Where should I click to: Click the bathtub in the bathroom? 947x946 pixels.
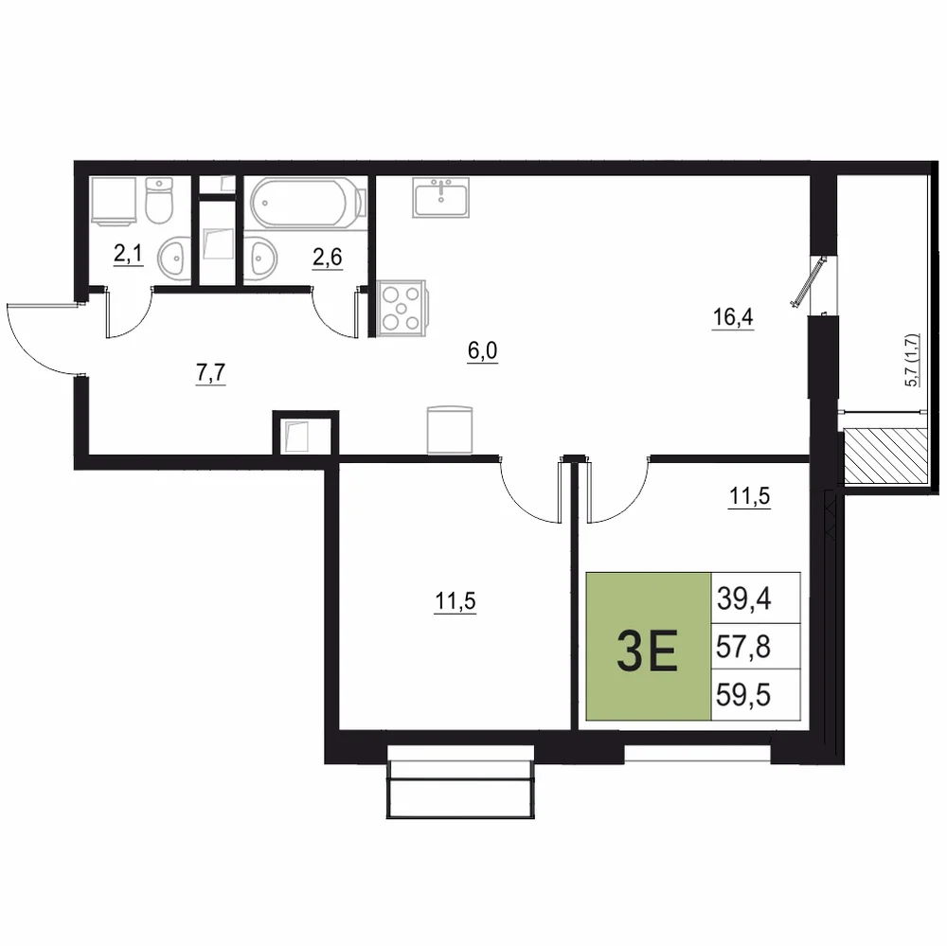coord(308,203)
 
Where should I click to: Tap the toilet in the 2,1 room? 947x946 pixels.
coord(159,200)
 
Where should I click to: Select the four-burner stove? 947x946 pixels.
coord(402,308)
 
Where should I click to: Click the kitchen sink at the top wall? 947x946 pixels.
coord(441,197)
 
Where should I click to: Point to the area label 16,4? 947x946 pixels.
coord(733,316)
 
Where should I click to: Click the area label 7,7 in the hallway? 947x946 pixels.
coord(210,373)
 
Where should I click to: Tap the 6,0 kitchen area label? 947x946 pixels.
coord(483,351)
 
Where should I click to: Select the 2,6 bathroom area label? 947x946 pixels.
coord(328,258)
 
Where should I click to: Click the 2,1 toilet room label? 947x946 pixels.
coord(128,254)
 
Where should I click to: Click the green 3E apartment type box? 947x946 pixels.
coord(649,647)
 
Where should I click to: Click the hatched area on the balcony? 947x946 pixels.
coord(885,455)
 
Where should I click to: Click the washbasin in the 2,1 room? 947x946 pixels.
coord(174,259)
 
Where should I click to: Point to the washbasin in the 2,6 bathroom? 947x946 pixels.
coord(261,259)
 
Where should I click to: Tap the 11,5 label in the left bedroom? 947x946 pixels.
coord(456,601)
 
